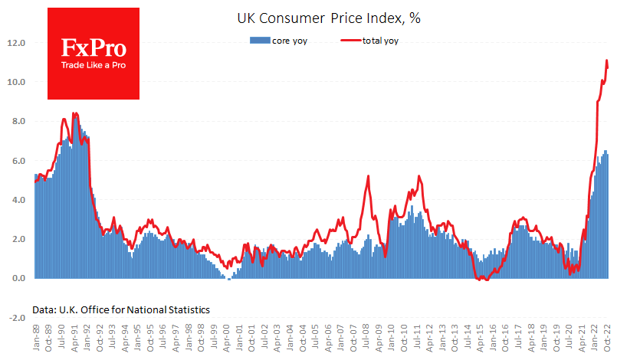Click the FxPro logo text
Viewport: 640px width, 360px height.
pyautogui.click(x=94, y=49)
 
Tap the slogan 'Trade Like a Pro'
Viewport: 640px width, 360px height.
pyautogui.click(x=94, y=65)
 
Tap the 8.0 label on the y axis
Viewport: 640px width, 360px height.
pyautogui.click(x=18, y=121)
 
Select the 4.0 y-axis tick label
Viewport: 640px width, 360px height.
pyautogui.click(x=18, y=200)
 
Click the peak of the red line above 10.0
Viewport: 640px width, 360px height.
pyautogui.click(x=606, y=61)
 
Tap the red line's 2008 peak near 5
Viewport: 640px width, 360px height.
pyautogui.click(x=369, y=176)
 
